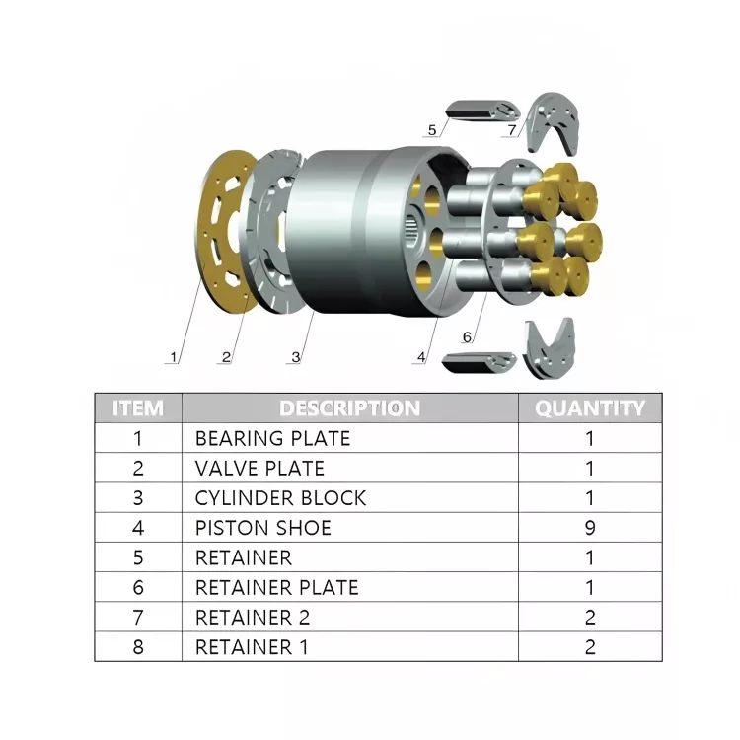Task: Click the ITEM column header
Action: pos(138,408)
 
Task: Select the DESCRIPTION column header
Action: pos(349,408)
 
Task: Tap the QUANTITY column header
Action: pos(589,408)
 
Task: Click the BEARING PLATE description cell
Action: pos(272,438)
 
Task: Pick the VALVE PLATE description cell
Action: pos(259,468)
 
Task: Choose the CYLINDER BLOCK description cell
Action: pos(280,498)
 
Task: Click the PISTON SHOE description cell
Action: pos(262,528)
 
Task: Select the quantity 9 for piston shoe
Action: pos(590,528)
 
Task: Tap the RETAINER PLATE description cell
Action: pos(276,588)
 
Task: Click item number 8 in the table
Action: pos(138,647)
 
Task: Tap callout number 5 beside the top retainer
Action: pos(432,129)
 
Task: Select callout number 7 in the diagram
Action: pos(511,129)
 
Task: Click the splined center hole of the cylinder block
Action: pos(414,235)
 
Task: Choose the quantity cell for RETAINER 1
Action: pos(590,647)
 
